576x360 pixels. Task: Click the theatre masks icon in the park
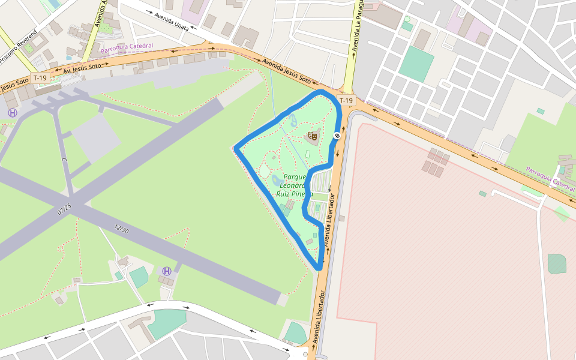[x=311, y=136]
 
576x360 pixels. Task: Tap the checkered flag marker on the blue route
[x=337, y=136]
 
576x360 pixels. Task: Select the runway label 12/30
[x=121, y=229]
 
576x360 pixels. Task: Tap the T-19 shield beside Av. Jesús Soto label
[x=40, y=78]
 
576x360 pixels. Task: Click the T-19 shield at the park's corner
[x=346, y=100]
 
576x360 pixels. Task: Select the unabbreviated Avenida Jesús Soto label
[x=287, y=71]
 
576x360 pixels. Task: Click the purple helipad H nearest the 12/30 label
[x=167, y=271]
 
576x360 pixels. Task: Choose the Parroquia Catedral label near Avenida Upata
[x=127, y=47]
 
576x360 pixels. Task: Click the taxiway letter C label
[x=64, y=161]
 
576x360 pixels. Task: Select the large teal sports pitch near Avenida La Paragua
[x=416, y=64]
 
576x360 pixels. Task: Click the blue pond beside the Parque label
[x=277, y=179]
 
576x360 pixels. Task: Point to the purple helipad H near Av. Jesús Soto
[x=12, y=113]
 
